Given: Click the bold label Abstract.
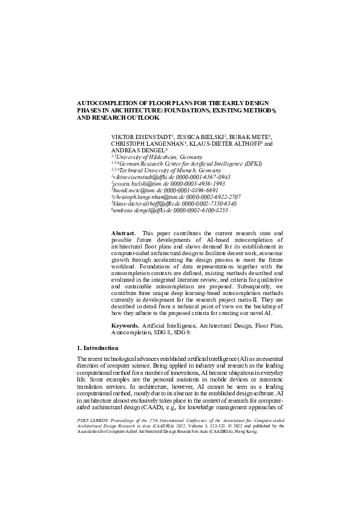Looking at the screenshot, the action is (x=123, y=233).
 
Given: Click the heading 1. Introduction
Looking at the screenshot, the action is (x=98, y=349).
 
